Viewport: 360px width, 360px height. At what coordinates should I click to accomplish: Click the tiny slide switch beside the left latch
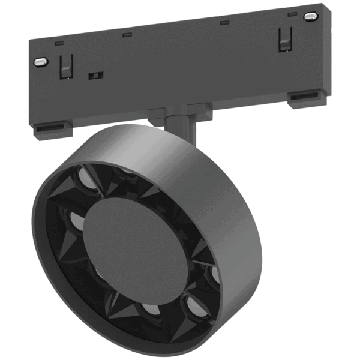point(94,76)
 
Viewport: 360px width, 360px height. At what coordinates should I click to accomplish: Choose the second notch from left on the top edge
point(127,35)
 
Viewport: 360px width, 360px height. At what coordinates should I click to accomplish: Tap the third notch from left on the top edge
point(224,23)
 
